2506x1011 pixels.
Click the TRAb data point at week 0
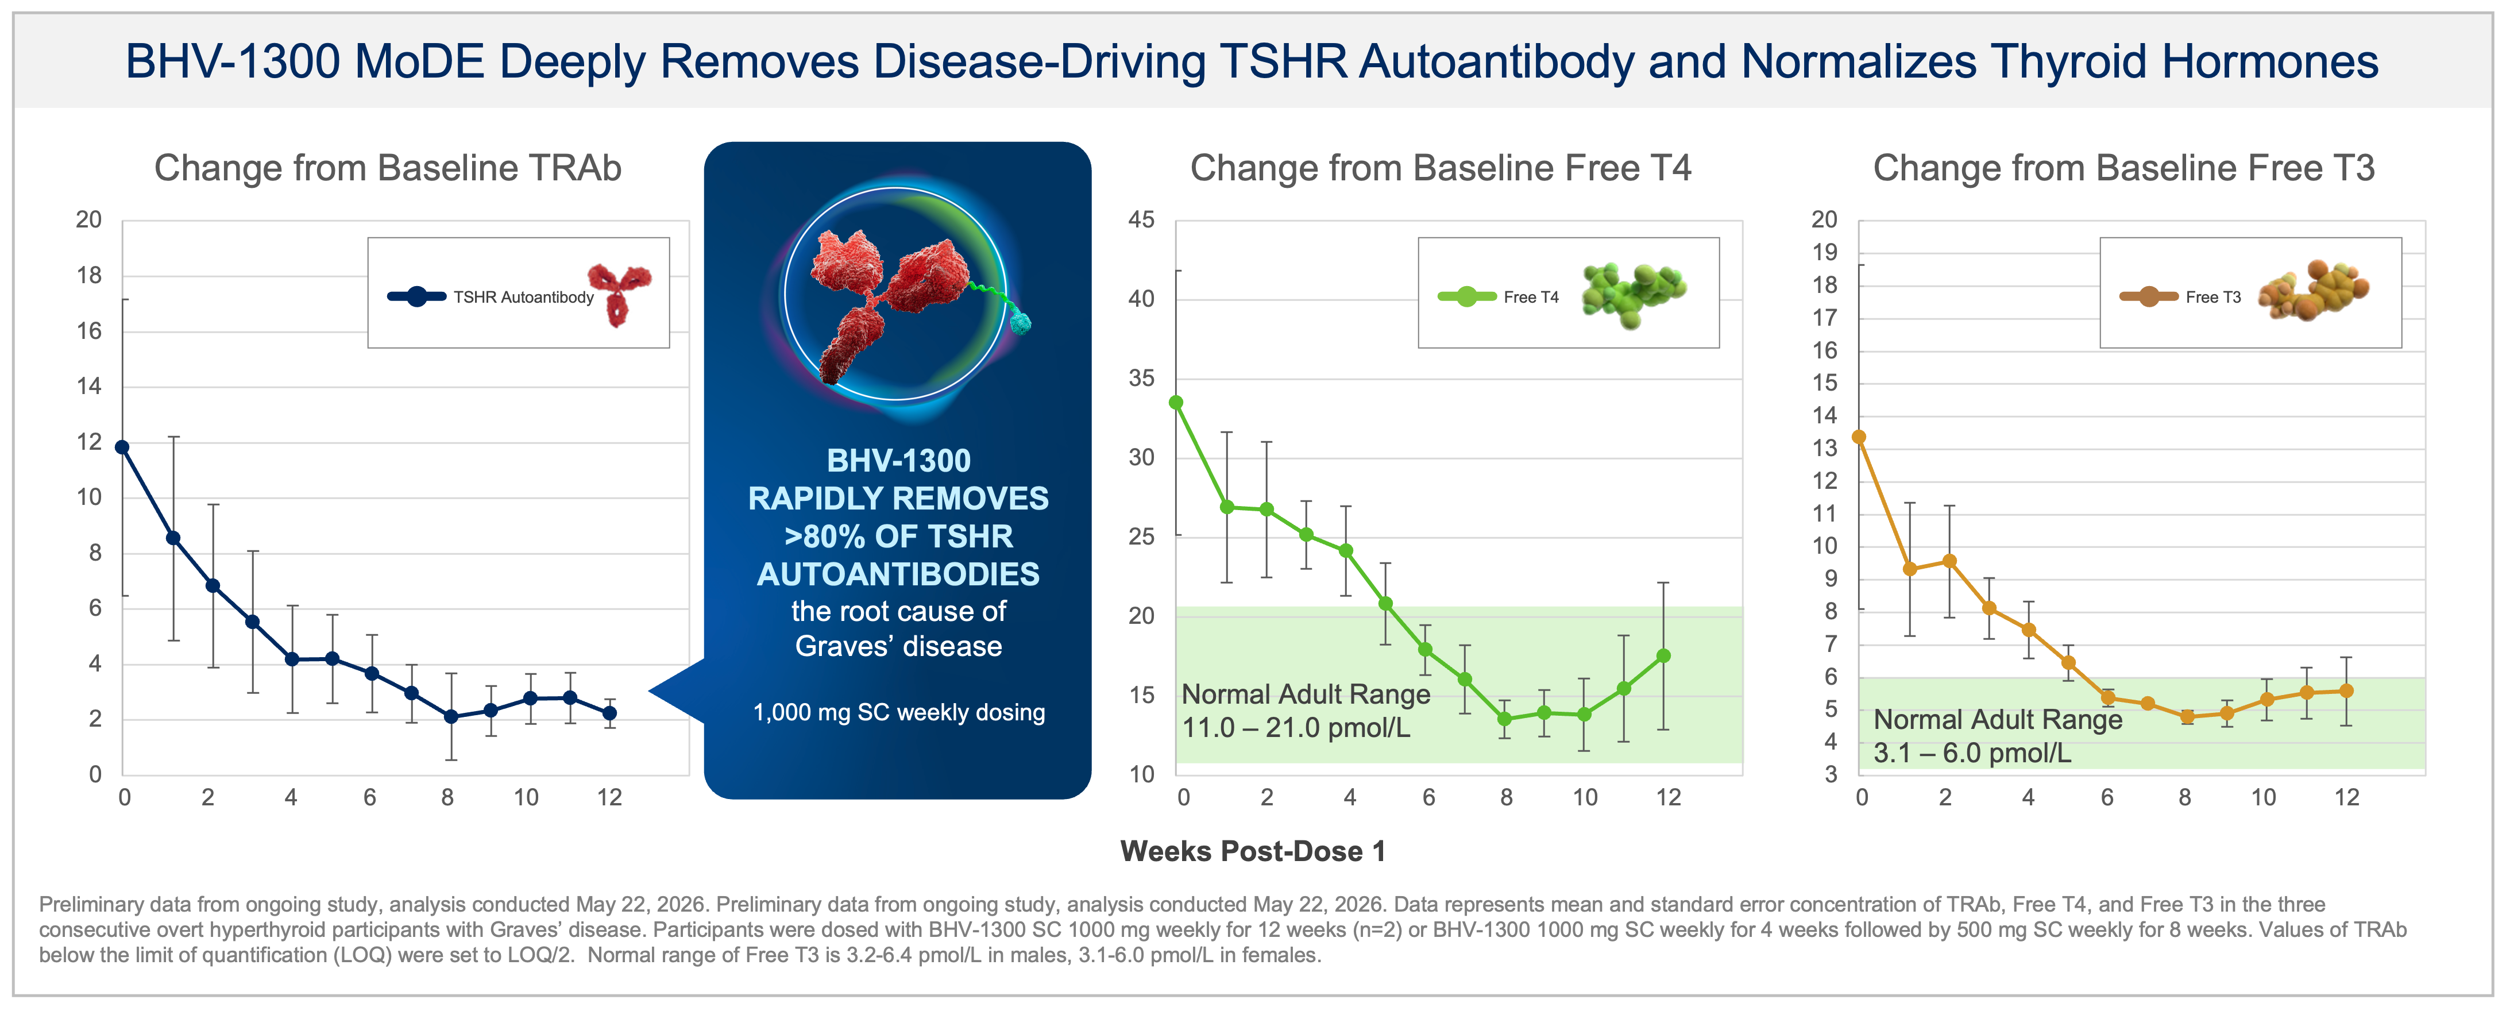pos(122,447)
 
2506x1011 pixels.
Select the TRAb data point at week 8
pos(450,717)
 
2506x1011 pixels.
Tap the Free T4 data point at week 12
pos(1663,656)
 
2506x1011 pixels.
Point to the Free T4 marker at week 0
pos(1176,402)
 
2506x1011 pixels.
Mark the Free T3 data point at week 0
pos(1859,437)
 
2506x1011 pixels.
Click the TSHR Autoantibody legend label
pos(523,298)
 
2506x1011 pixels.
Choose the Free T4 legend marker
pos(1467,297)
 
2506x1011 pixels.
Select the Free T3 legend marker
pos(2149,297)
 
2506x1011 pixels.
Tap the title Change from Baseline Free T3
pos(2123,168)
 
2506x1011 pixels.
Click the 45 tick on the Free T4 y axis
pos(1141,220)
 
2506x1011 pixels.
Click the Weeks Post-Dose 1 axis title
pos(1253,851)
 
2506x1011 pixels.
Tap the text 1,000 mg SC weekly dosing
pos(899,712)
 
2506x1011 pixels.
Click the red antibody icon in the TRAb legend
pos(619,294)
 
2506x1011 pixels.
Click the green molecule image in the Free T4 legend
pos(1634,294)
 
